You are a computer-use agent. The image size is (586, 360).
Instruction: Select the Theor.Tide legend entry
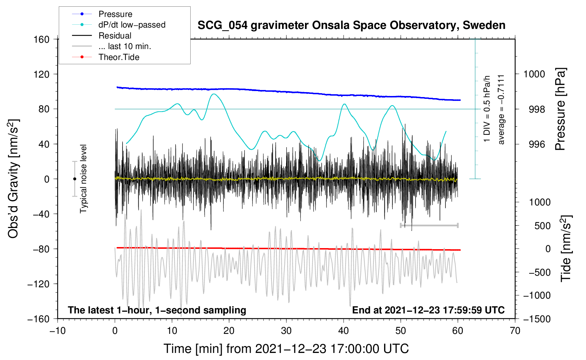[119, 57]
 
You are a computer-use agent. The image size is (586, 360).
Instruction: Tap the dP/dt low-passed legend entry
[132, 25]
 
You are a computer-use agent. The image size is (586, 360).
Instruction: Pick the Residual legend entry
[115, 36]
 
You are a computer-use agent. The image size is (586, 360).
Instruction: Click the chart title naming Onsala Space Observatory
[351, 25]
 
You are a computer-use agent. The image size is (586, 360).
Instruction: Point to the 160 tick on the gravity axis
[42, 39]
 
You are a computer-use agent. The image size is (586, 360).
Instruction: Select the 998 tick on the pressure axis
[537, 109]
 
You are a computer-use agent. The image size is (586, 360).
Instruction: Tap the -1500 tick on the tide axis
[537, 319]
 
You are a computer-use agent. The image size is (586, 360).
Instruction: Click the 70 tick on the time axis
[515, 331]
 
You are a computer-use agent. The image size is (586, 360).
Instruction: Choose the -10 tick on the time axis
[58, 331]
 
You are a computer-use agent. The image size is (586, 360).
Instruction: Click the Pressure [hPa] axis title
[561, 109]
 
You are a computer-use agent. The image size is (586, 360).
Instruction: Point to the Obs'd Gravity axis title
[13, 179]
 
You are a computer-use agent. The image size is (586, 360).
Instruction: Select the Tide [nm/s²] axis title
[566, 248]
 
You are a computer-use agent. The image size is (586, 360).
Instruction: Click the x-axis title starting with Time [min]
[286, 349]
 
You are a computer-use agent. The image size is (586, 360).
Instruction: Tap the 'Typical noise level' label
[83, 179]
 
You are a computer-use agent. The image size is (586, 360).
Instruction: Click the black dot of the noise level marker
[74, 179]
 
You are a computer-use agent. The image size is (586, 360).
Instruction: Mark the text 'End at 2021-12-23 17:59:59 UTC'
[428, 310]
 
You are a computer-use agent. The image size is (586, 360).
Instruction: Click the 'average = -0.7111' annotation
[501, 109]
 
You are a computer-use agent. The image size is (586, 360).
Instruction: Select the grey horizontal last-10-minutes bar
[429, 225]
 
